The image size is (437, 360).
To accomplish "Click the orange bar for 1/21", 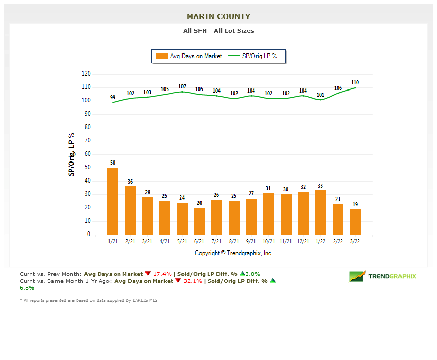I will [113, 201].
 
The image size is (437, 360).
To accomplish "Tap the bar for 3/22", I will [355, 222].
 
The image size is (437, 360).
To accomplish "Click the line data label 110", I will [355, 82].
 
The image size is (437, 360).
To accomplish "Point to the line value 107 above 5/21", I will [182, 86].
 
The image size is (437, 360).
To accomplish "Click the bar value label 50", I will [113, 163].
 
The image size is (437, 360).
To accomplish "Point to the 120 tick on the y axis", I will [86, 74].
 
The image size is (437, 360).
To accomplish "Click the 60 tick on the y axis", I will [87, 154].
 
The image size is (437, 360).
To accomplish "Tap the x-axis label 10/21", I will [268, 241].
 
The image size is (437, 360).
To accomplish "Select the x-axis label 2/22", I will [338, 241].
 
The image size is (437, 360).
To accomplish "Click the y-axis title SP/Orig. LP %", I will [71, 154].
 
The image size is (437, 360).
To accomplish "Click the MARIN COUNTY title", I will [219, 17].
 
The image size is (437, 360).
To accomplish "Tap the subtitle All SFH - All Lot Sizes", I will [219, 31].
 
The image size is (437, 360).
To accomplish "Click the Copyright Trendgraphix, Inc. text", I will [234, 253].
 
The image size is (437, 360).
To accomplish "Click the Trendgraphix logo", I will [383, 276].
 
